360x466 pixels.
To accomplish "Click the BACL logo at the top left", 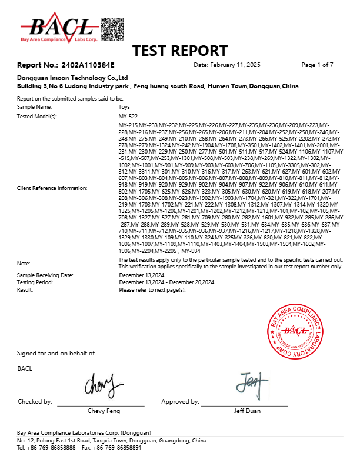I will click(59, 27).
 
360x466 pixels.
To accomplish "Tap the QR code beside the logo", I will click(112, 28).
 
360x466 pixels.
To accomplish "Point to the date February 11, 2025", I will click(227, 64).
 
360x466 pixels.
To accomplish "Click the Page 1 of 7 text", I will click(317, 64).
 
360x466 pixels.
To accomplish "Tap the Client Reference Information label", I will click(52, 188).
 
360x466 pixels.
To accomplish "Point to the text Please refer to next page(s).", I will click(152, 290).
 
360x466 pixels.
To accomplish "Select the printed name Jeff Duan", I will click(247, 411).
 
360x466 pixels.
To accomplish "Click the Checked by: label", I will click(35, 401).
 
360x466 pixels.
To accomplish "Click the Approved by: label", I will click(180, 401).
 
